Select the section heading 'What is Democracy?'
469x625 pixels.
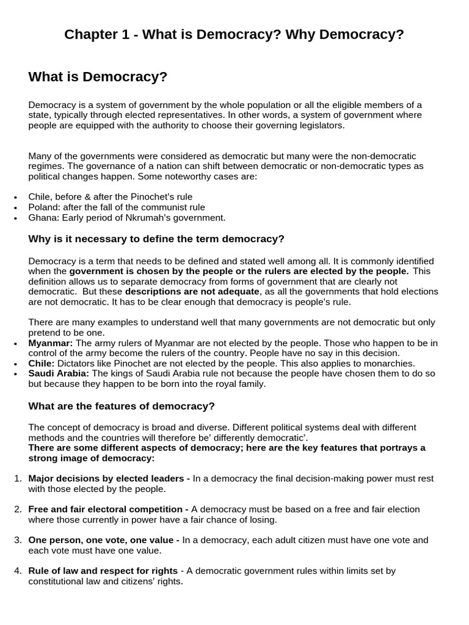click(x=98, y=77)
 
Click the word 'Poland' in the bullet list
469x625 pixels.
click(x=43, y=207)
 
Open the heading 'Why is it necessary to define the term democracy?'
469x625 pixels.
click(x=156, y=238)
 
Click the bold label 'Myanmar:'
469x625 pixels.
click(x=50, y=343)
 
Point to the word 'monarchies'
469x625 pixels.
click(x=389, y=363)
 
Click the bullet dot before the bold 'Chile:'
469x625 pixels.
click(x=15, y=364)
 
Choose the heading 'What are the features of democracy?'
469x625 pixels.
click(x=122, y=406)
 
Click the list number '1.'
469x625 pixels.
click(x=18, y=479)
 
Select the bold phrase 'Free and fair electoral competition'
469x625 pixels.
click(x=108, y=509)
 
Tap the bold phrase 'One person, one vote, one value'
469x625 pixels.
click(x=103, y=540)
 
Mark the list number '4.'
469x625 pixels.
click(x=18, y=571)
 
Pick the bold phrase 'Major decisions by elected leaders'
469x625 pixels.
click(x=109, y=479)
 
